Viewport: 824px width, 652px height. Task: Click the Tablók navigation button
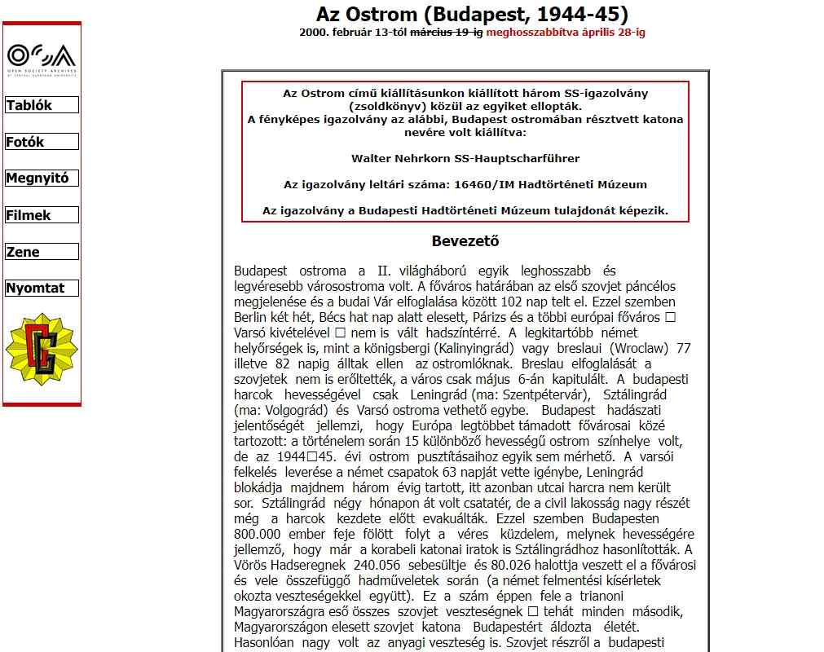[x=41, y=105]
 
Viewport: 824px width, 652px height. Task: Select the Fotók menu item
[x=41, y=142]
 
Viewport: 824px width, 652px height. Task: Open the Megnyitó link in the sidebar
[x=41, y=178]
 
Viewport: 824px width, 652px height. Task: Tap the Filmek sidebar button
[x=41, y=215]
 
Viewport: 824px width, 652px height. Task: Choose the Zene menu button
[x=41, y=252]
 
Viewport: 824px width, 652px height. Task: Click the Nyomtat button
[x=41, y=288]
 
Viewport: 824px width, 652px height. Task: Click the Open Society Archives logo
[x=42, y=59]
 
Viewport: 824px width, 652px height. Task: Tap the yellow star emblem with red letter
[x=42, y=349]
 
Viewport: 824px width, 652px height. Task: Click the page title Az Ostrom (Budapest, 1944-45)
[x=472, y=14]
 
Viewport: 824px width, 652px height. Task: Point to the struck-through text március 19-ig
[x=446, y=33]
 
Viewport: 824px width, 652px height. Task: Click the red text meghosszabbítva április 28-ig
[x=566, y=33]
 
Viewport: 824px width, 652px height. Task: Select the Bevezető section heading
[x=465, y=241]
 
